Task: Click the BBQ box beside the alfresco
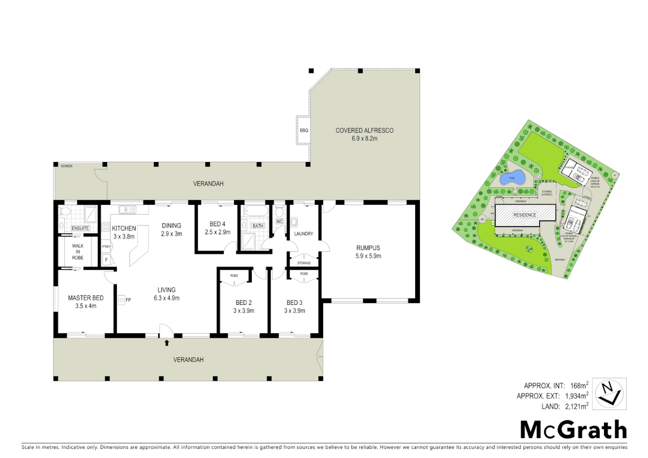coord(304,130)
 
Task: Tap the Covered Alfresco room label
coord(364,130)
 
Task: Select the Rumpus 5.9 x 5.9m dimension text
coord(368,256)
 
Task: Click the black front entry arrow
coord(167,343)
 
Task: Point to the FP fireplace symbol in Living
coord(122,300)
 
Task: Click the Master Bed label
coord(86,298)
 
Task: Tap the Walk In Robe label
coord(78,251)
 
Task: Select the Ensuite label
coord(80,228)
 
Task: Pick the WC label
coord(279,221)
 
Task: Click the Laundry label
coord(304,234)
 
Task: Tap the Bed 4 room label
coord(217,224)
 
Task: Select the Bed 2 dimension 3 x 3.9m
coord(243,311)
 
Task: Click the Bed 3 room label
coord(294,302)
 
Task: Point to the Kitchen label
coord(124,228)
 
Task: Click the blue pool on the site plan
coord(512,178)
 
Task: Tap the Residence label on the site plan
coord(525,215)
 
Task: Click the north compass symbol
coord(609,394)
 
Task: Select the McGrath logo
coord(573,430)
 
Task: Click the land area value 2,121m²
coord(576,406)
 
